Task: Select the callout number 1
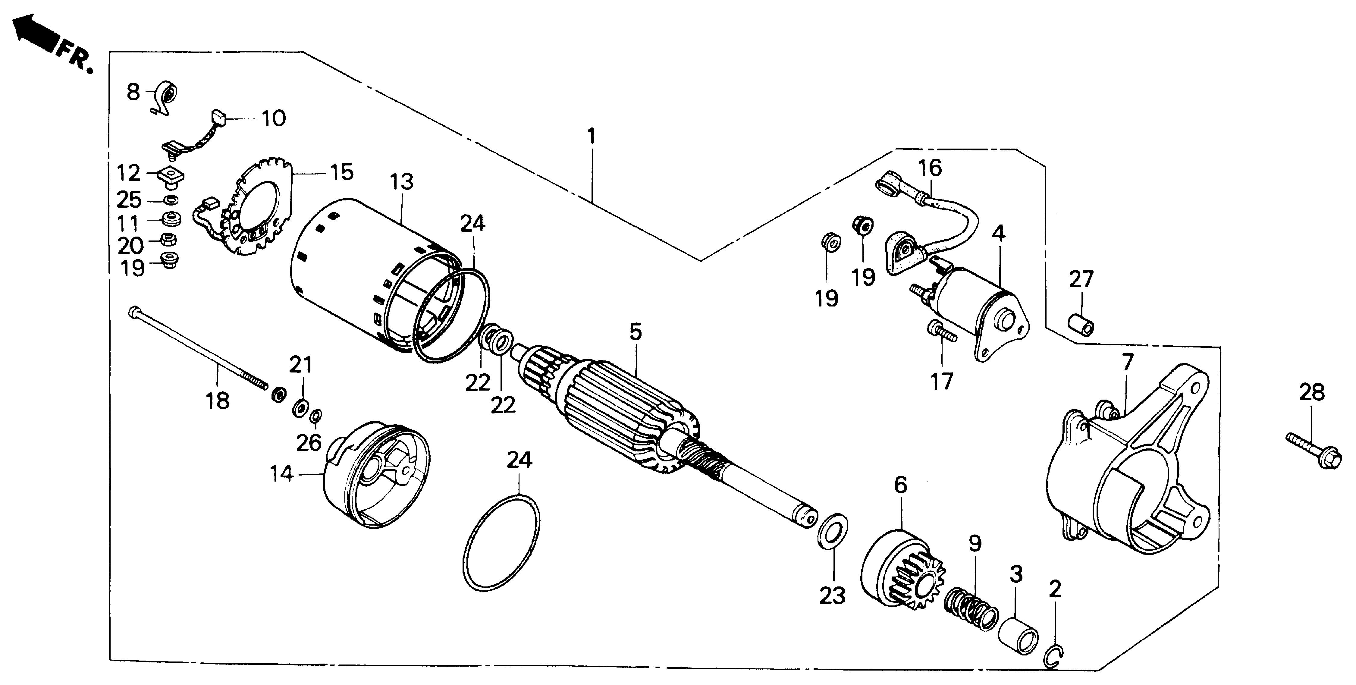592,137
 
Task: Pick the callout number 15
342,172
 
